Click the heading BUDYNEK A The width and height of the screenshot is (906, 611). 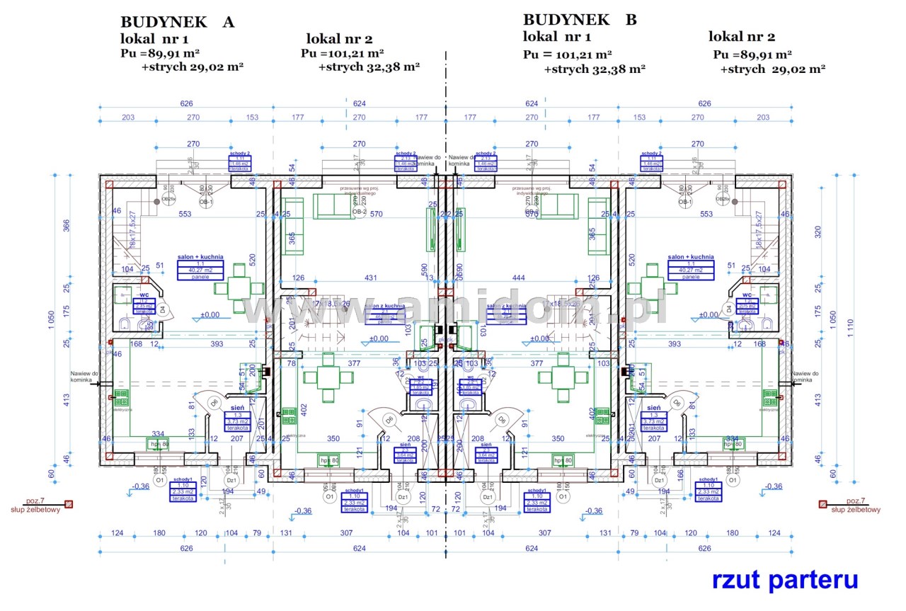[x=177, y=21]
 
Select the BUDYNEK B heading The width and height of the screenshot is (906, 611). [x=580, y=19]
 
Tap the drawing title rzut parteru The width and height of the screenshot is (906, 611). [x=785, y=580]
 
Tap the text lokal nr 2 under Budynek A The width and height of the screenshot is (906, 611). [x=339, y=38]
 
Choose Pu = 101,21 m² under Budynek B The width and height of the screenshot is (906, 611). [x=568, y=54]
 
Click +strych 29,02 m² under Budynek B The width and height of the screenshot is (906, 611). [x=772, y=69]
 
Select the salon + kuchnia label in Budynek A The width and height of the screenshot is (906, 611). [x=200, y=258]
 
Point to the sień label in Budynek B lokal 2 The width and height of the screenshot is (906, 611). [x=653, y=409]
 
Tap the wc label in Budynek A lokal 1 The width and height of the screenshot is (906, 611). [x=144, y=295]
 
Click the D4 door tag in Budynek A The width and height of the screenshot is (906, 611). [x=162, y=309]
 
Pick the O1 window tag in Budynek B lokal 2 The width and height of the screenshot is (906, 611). [x=734, y=481]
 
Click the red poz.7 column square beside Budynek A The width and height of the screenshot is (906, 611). [x=69, y=504]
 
